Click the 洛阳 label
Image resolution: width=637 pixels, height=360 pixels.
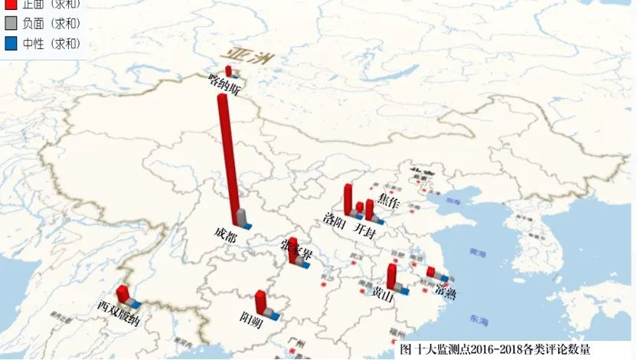tap(335, 227)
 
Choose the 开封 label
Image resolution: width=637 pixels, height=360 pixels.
tap(364, 230)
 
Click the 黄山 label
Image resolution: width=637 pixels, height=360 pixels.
tap(383, 293)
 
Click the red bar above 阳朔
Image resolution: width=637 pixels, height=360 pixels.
tap(261, 301)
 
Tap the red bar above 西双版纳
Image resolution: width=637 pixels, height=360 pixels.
tap(121, 293)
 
